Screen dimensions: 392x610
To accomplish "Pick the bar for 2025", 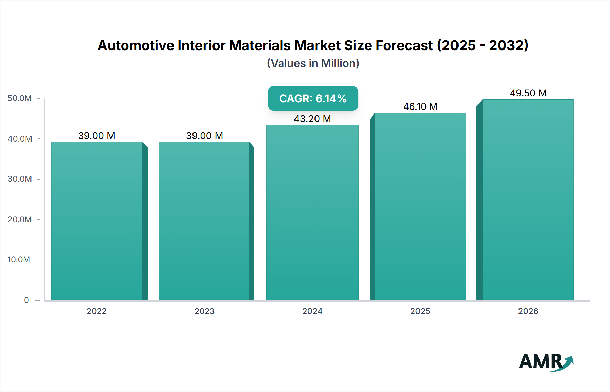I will tap(420, 207).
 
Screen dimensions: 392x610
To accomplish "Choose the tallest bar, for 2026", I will tap(528, 200).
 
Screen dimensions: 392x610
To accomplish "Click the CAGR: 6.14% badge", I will tap(313, 98).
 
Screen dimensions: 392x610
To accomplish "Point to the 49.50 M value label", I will tap(528, 93).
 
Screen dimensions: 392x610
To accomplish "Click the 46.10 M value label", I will tap(420, 106).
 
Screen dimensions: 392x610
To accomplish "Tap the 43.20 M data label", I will tap(312, 119).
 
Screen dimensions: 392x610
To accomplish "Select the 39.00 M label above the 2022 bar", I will tap(97, 136).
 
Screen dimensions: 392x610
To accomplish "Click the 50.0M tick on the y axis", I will tap(20, 98).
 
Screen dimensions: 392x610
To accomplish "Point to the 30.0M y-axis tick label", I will tap(20, 179).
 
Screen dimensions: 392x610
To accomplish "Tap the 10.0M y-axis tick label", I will tap(19, 260).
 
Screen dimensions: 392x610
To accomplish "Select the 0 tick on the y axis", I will tap(26, 300).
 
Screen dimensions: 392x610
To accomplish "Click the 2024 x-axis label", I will tap(312, 311).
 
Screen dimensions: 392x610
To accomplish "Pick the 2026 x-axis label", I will tap(528, 311).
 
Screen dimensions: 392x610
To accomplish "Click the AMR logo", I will tap(546, 361).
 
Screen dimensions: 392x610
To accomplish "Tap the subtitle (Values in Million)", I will tap(313, 63).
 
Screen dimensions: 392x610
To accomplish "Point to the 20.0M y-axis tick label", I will tap(20, 219).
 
